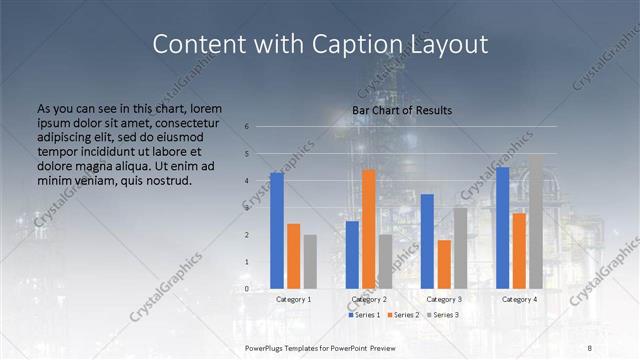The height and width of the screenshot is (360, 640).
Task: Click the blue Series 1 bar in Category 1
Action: point(277,231)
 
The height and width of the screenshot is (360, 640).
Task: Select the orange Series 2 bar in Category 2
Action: point(369,229)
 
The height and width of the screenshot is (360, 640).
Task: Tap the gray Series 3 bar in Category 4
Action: point(536,221)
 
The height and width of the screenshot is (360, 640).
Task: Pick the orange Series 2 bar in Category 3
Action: point(444,264)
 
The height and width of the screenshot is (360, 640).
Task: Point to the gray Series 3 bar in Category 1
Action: point(310,262)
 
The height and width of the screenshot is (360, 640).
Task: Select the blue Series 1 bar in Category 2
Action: point(352,255)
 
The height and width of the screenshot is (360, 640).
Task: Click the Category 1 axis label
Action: point(293,299)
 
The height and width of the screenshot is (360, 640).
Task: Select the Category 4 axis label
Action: point(519,299)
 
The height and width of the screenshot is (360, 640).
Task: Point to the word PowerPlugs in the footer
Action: point(266,347)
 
